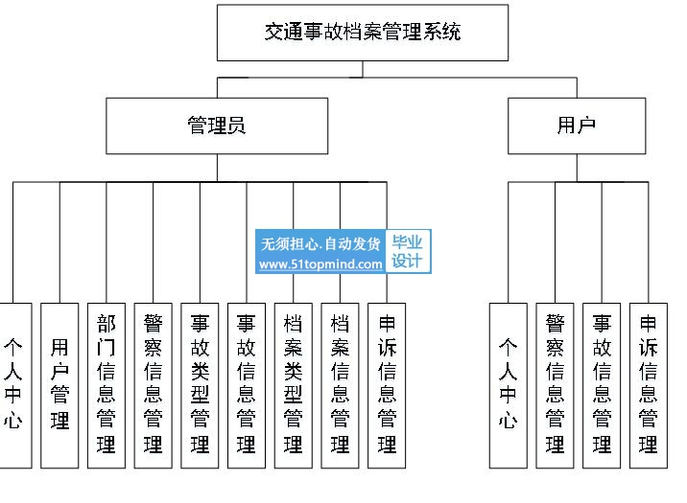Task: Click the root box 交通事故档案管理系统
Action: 363,33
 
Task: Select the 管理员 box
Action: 217,126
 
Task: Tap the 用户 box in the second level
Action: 577,126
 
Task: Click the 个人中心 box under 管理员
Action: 14,385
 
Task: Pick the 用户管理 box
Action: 59,385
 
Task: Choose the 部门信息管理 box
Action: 107,385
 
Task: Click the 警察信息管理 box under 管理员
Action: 153,385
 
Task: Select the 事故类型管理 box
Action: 200,385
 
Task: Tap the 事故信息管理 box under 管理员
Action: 247,385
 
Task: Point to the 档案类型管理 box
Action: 294,385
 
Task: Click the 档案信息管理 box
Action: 340,385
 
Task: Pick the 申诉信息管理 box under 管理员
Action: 387,385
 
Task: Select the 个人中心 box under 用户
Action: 509,385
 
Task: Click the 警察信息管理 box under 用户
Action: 556,385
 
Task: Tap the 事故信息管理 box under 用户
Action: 602,385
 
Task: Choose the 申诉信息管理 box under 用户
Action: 649,385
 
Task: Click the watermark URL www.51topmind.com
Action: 320,264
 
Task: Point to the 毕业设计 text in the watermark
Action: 407,251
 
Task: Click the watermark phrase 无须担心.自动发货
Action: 320,243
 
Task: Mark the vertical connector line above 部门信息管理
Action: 107,242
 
